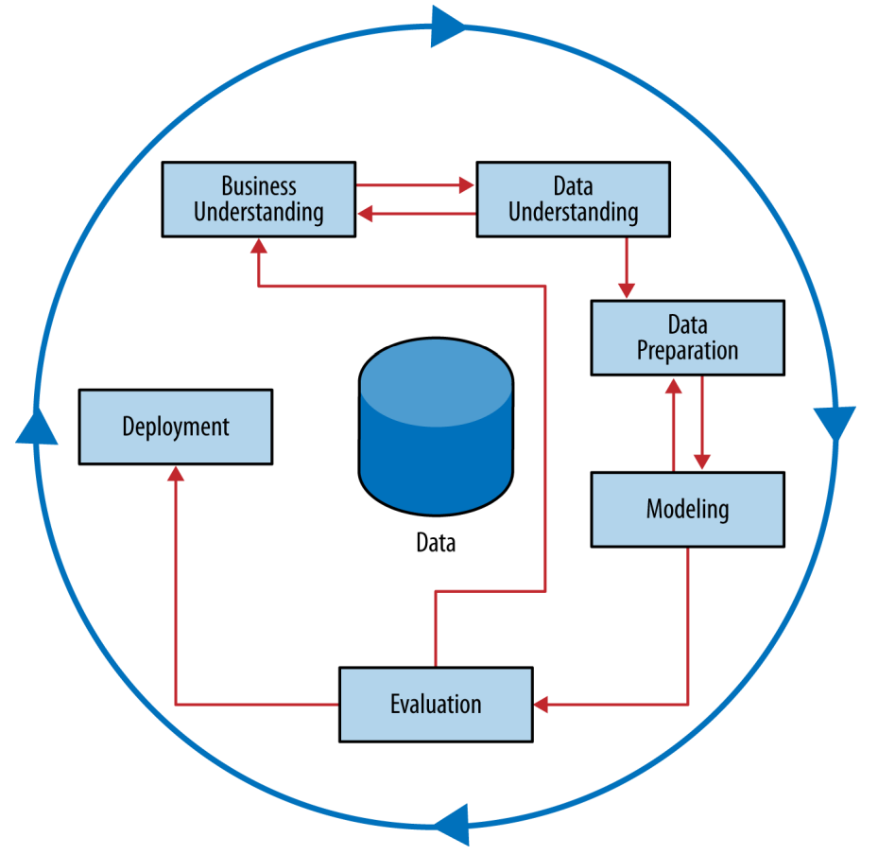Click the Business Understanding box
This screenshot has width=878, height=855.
(x=259, y=200)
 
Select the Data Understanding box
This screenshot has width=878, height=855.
(x=574, y=200)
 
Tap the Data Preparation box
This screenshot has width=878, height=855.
(x=688, y=338)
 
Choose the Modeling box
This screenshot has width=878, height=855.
(x=688, y=509)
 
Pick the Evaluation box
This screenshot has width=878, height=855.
(x=436, y=705)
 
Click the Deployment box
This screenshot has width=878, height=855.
(x=176, y=427)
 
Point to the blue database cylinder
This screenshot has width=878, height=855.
(x=436, y=427)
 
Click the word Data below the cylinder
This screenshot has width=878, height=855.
(x=436, y=542)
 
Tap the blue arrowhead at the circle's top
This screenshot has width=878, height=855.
(x=448, y=26)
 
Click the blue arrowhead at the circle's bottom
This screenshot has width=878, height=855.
(x=452, y=825)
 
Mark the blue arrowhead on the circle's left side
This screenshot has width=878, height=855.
(x=37, y=427)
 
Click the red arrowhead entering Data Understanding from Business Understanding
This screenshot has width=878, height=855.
(x=467, y=184)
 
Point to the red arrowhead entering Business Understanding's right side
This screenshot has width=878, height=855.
(x=365, y=214)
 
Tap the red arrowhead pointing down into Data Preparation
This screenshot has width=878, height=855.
(x=627, y=290)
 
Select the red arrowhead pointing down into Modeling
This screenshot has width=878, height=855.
(x=702, y=462)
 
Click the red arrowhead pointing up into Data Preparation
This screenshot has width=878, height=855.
(x=674, y=386)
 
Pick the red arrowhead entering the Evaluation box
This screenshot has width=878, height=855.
(x=542, y=705)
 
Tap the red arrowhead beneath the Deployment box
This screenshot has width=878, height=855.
(x=176, y=474)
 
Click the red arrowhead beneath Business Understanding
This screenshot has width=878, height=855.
(x=259, y=247)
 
